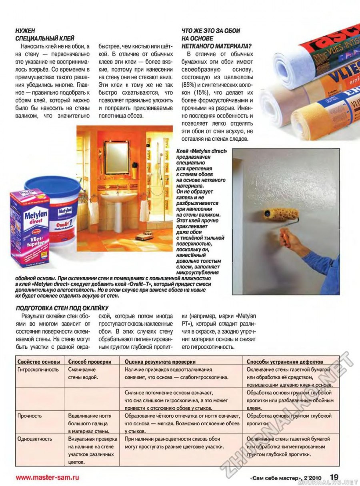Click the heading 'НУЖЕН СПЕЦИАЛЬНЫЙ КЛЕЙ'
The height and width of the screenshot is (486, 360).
coord(44,35)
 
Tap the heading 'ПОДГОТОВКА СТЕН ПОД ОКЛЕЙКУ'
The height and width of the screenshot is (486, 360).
coord(62,308)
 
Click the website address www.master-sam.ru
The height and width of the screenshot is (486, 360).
coord(47,477)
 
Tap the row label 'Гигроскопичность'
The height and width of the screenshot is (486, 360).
coord(38,370)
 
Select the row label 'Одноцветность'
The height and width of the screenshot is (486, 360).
coord(34,439)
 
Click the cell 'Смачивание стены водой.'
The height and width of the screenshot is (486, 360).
coord(84,374)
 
